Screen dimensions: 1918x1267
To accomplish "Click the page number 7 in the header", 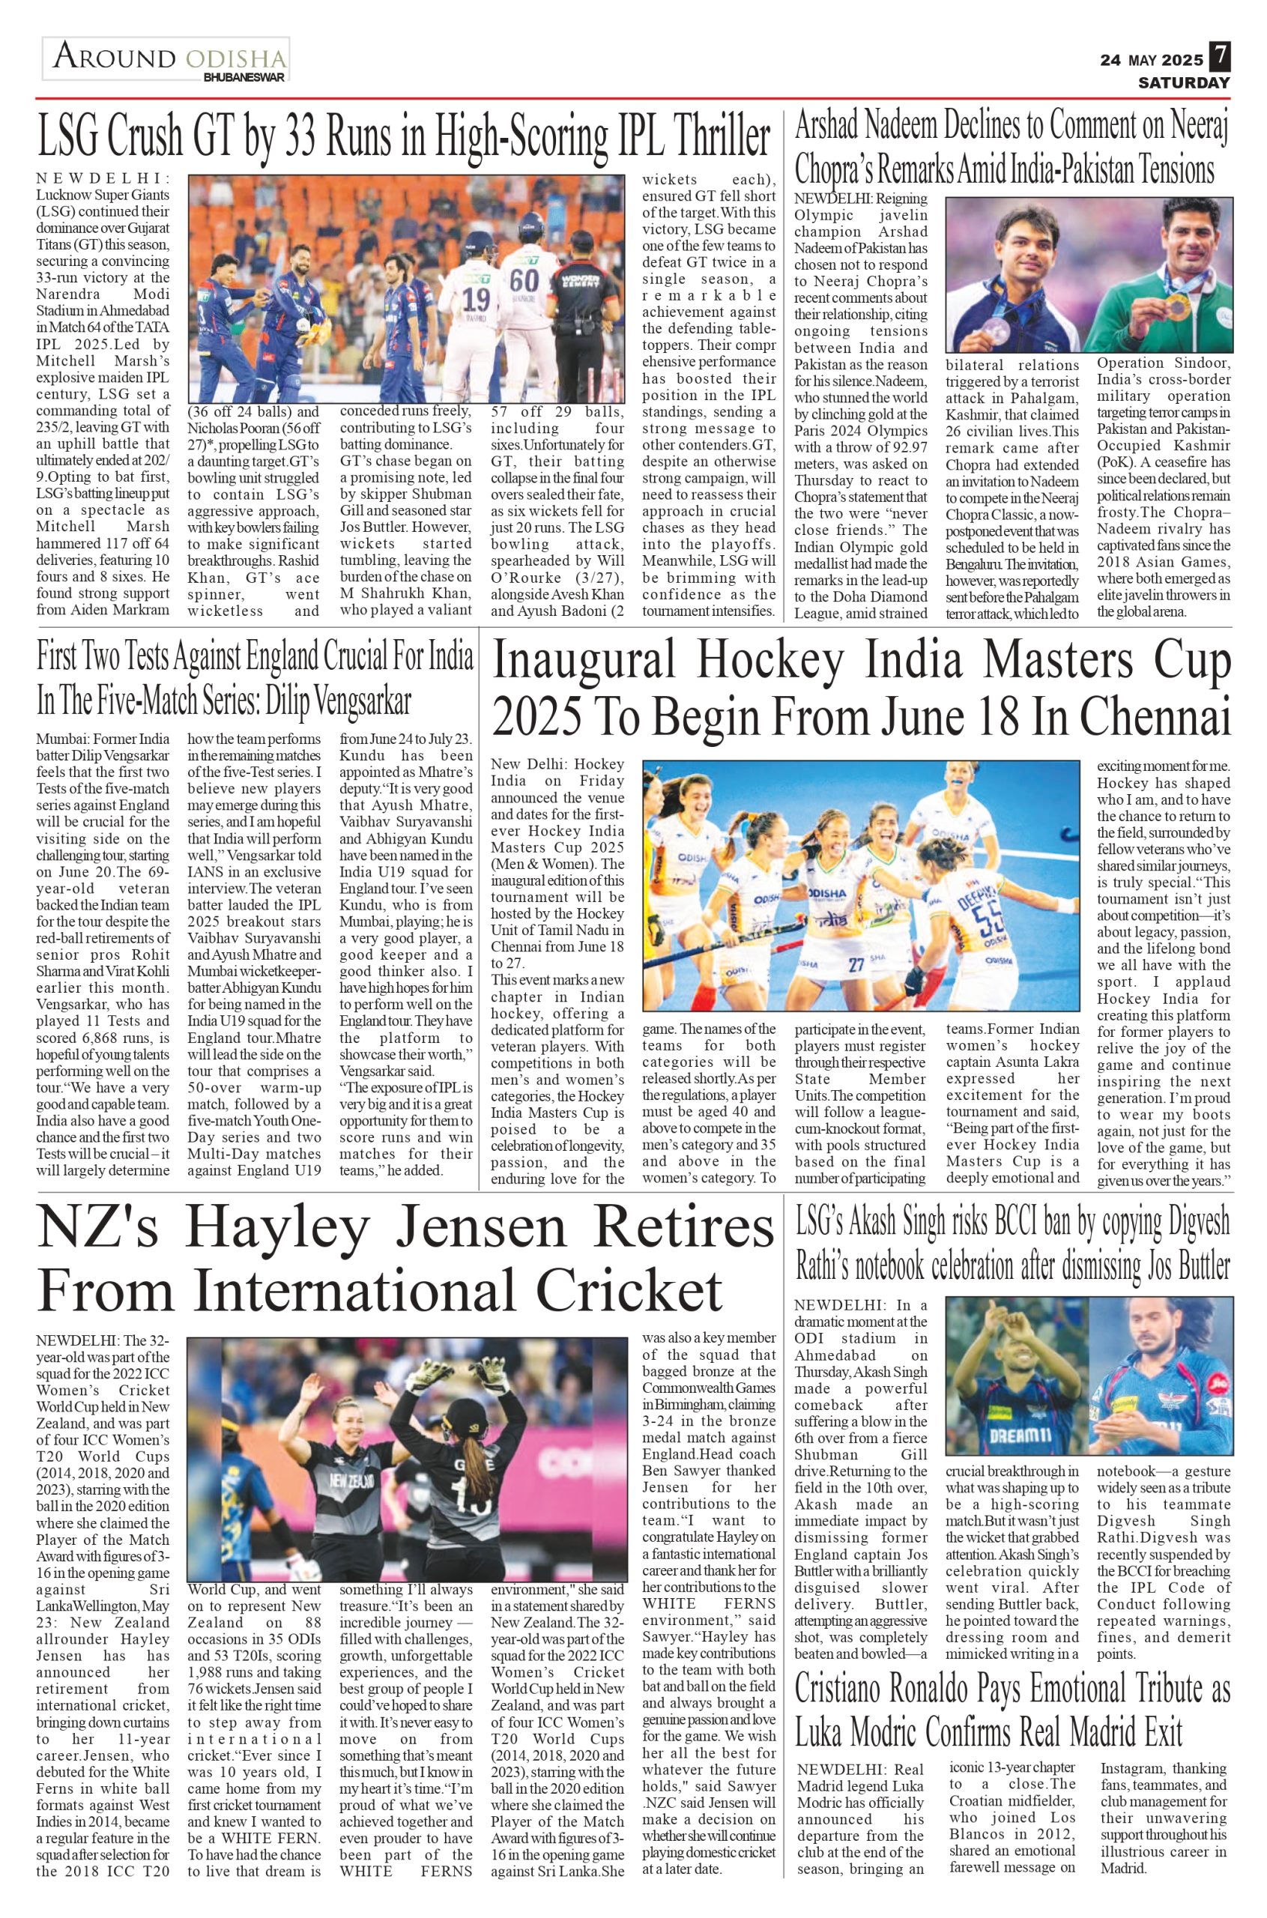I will [x=1220, y=59].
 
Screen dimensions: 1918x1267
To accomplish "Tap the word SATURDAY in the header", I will [x=1185, y=82].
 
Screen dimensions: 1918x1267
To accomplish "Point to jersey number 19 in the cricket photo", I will [x=476, y=300].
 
